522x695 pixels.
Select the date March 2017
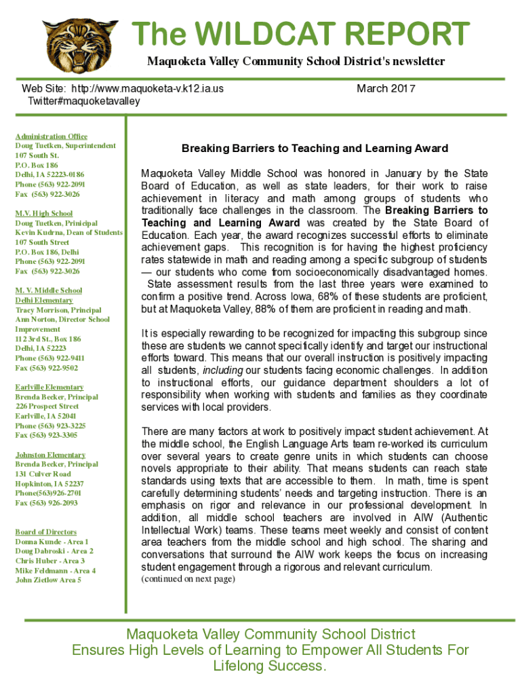pyautogui.click(x=386, y=89)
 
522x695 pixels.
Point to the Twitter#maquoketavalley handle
pyautogui.click(x=83, y=101)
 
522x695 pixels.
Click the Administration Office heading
pyautogui.click(x=52, y=136)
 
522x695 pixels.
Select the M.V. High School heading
pyautogui.click(x=44, y=214)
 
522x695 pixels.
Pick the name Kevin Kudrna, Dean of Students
pyautogui.click(x=68, y=233)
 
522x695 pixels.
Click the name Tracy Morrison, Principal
pyautogui.click(x=58, y=310)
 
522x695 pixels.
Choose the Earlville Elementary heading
pyautogui.click(x=49, y=388)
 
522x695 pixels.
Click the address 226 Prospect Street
pyautogui.click(x=47, y=407)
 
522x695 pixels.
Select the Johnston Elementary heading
pyautogui.click(x=50, y=455)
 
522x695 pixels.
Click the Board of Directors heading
pyautogui.click(x=45, y=532)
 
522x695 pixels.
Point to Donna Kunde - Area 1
pyautogui.click(x=52, y=542)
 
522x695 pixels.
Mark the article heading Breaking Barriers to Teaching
pyautogui.click(x=315, y=148)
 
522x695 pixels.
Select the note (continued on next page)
pyautogui.click(x=188, y=579)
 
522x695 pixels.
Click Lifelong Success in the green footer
pyautogui.click(x=270, y=666)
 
